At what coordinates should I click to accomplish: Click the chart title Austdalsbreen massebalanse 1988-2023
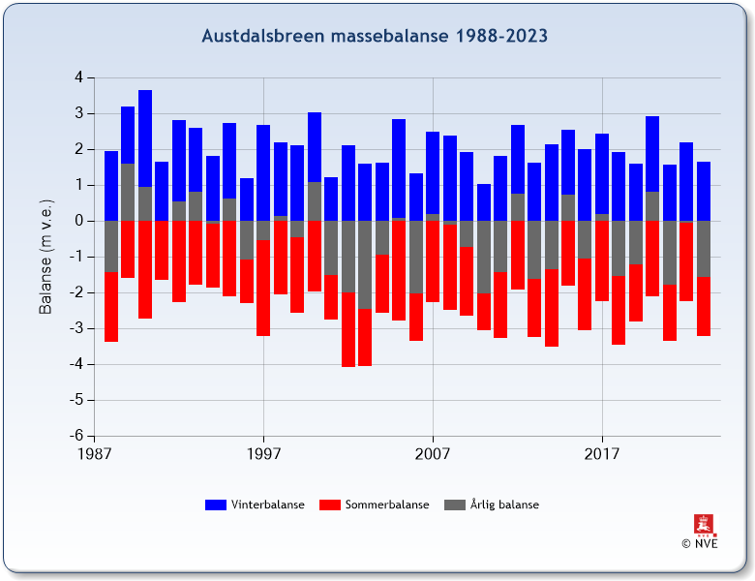(375, 37)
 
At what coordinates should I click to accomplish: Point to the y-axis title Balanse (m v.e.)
(46, 256)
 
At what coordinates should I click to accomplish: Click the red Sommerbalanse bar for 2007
(433, 261)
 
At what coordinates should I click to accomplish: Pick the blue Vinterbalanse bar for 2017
(602, 174)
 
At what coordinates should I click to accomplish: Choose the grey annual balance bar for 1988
(111, 246)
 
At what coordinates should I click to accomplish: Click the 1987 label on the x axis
(94, 453)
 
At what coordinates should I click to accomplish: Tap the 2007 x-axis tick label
(433, 453)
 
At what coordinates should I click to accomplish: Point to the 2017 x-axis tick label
(602, 453)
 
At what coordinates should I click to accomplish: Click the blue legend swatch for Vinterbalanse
(216, 505)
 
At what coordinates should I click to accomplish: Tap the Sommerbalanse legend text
(387, 505)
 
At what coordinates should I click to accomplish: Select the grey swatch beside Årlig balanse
(454, 505)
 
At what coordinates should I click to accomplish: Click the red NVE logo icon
(704, 525)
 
